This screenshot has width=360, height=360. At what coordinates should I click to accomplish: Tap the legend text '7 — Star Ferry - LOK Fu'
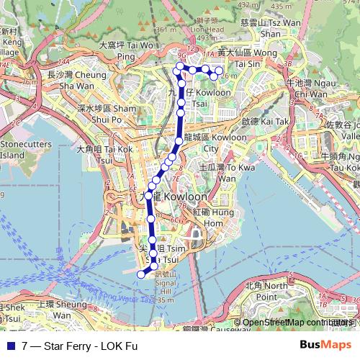pyautogui.click(x=79, y=346)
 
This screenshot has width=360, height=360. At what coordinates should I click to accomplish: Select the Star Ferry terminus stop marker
pyautogui.click(x=141, y=273)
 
